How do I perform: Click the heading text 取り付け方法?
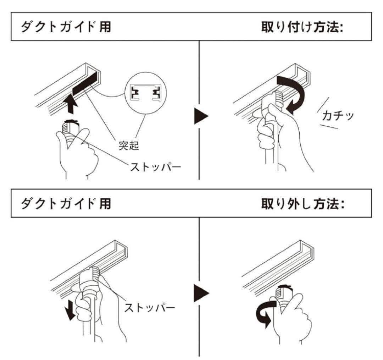[301, 27]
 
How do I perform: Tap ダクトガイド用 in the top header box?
[66, 27]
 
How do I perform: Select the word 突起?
[128, 146]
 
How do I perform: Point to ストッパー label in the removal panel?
[149, 306]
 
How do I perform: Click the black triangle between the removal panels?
[201, 293]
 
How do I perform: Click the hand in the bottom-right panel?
[293, 316]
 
